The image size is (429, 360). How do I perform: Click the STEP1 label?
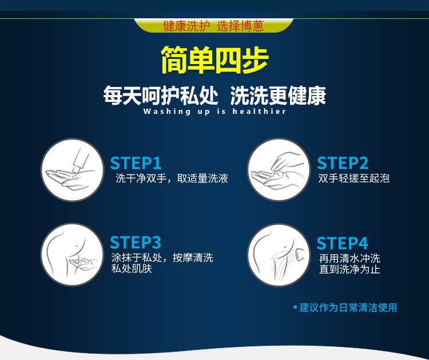point(136,163)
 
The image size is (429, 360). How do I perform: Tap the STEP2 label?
point(343,163)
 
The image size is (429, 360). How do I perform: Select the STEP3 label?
point(136,242)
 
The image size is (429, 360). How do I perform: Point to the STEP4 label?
point(342,243)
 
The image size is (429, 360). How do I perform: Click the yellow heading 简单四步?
point(214,60)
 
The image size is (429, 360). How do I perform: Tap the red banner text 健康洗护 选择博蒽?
point(214,26)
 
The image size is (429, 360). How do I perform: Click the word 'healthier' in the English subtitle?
point(259,112)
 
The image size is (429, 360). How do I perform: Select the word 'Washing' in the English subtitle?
point(167,112)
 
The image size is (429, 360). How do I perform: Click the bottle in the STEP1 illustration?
point(81,160)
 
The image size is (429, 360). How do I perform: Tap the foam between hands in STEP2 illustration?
point(279,175)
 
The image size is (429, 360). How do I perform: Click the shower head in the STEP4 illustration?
point(300,255)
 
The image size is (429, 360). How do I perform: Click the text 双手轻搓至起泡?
point(353,178)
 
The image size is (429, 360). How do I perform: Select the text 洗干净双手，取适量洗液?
point(172,178)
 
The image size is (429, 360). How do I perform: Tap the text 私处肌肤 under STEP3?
point(132,268)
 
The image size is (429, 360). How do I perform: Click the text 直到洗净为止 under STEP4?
point(349,270)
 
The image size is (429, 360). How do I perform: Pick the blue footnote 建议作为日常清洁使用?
point(348,307)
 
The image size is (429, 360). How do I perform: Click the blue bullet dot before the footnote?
point(295,307)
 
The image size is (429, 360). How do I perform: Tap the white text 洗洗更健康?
point(278,96)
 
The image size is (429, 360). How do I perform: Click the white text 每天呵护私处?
point(161,96)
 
